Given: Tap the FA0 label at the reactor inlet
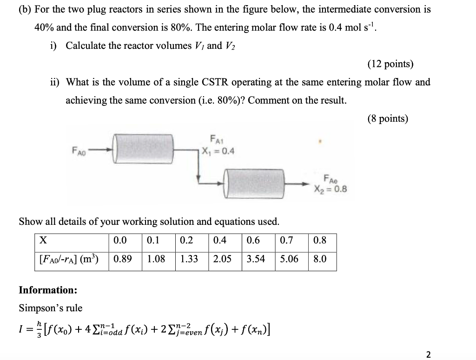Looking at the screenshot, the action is (79, 150).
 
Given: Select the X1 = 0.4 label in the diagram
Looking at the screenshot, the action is (218, 151).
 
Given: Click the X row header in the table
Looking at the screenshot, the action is (43, 241).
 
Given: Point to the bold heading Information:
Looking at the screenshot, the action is (48, 290).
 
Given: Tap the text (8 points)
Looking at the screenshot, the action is (387, 119).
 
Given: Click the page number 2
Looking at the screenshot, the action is (428, 355).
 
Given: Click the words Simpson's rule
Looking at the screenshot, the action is (50, 308).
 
